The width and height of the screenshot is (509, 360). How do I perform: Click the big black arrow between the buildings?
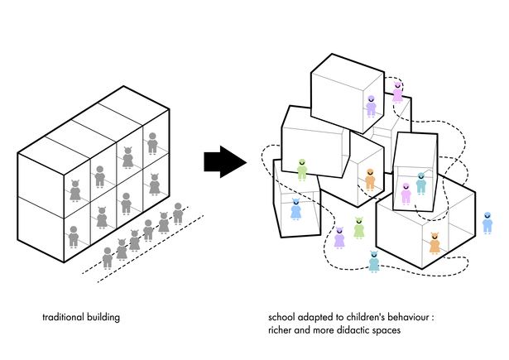click(225, 161)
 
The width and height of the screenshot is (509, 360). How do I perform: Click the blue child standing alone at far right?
click(487, 223)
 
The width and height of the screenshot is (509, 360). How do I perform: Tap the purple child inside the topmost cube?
click(371, 105)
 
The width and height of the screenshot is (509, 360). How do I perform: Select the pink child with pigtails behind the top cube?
click(397, 91)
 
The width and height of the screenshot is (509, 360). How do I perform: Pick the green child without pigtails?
click(303, 170)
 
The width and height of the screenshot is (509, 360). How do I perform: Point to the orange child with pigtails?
click(434, 242)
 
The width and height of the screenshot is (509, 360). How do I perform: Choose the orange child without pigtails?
click(370, 178)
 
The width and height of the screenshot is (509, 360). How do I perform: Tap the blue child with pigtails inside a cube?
click(295, 208)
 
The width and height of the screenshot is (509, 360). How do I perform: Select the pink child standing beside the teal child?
click(406, 194)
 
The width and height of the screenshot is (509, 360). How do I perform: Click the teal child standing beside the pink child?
click(420, 183)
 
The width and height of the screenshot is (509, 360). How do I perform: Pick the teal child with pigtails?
click(374, 262)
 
